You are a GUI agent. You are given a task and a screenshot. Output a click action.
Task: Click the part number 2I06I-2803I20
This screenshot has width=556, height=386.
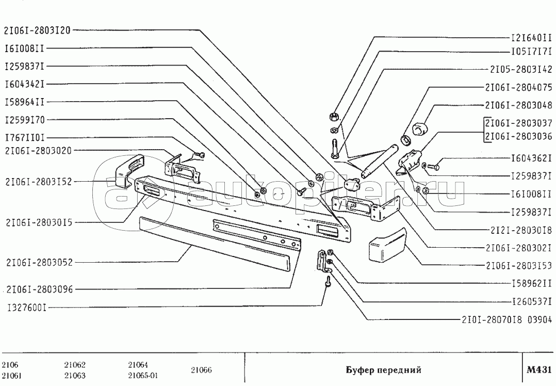pyautogui.click(x=37, y=30)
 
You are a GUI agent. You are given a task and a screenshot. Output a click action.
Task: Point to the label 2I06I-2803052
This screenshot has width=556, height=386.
pyautogui.click(x=40, y=262)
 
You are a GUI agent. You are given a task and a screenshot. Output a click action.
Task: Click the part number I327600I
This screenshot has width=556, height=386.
pyautogui.click(x=27, y=308)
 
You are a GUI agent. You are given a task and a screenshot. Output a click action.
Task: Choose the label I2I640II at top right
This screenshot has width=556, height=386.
pyautogui.click(x=531, y=38)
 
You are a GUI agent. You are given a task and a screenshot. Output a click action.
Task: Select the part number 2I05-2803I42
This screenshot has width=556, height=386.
pyautogui.click(x=521, y=69)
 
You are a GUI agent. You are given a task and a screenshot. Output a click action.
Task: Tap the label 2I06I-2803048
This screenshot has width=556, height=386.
pyautogui.click(x=518, y=105)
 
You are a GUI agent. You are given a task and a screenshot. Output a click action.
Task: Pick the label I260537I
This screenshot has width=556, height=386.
pyautogui.click(x=531, y=301)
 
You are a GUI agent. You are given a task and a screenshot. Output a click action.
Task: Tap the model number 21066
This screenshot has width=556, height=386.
pyautogui.click(x=202, y=370)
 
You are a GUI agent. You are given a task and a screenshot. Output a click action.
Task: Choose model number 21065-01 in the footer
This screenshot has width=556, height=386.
pyautogui.click(x=143, y=376)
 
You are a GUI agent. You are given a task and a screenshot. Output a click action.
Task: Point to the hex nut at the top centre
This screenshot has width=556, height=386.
pyautogui.click(x=333, y=116)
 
